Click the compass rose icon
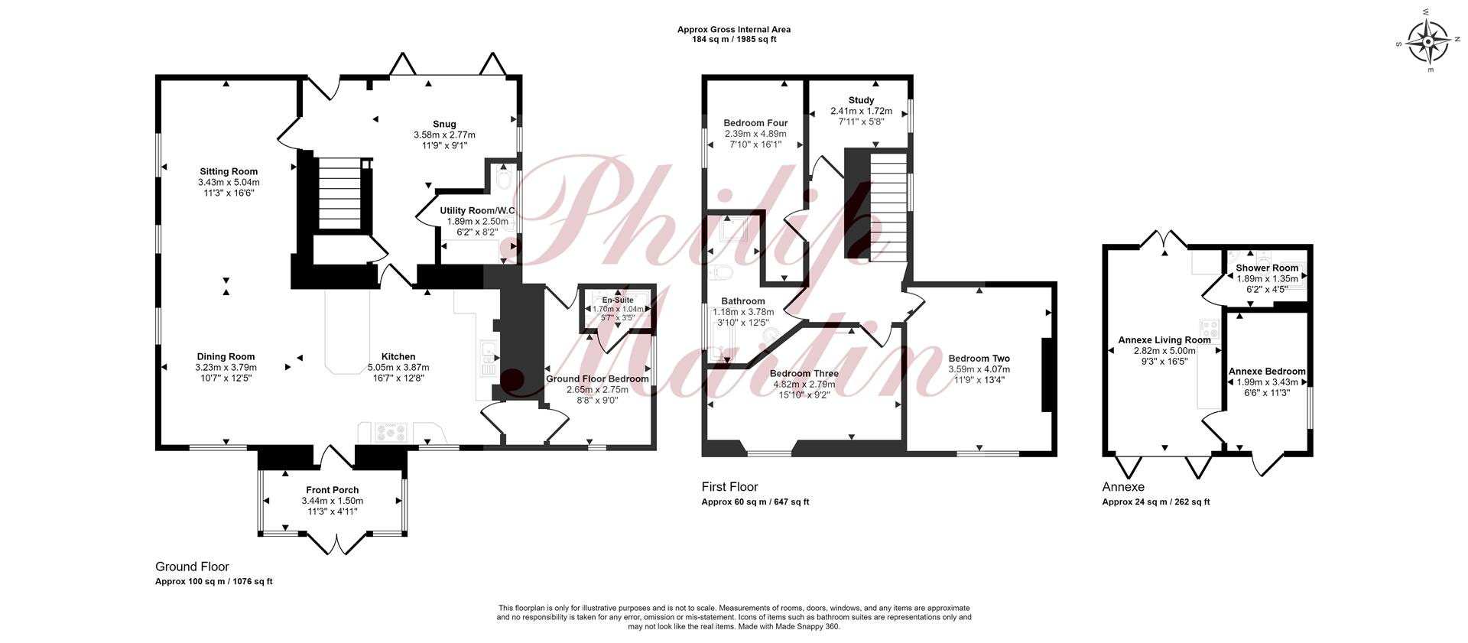click(x=1427, y=42)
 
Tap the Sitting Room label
click(x=229, y=171)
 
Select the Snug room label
click(x=444, y=124)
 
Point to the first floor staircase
click(x=888, y=205)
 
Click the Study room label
click(x=861, y=100)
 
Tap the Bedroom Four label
click(x=755, y=123)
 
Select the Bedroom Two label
click(x=979, y=359)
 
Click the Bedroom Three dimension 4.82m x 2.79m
click(x=804, y=385)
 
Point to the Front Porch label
click(x=333, y=490)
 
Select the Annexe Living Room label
click(x=1164, y=340)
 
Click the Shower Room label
click(x=1267, y=268)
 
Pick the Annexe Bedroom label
click(x=1267, y=372)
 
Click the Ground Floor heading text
click(x=192, y=567)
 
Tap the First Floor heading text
click(x=729, y=487)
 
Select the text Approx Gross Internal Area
click(x=734, y=30)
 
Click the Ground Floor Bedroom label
click(x=597, y=378)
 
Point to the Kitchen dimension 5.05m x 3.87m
click(x=398, y=368)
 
